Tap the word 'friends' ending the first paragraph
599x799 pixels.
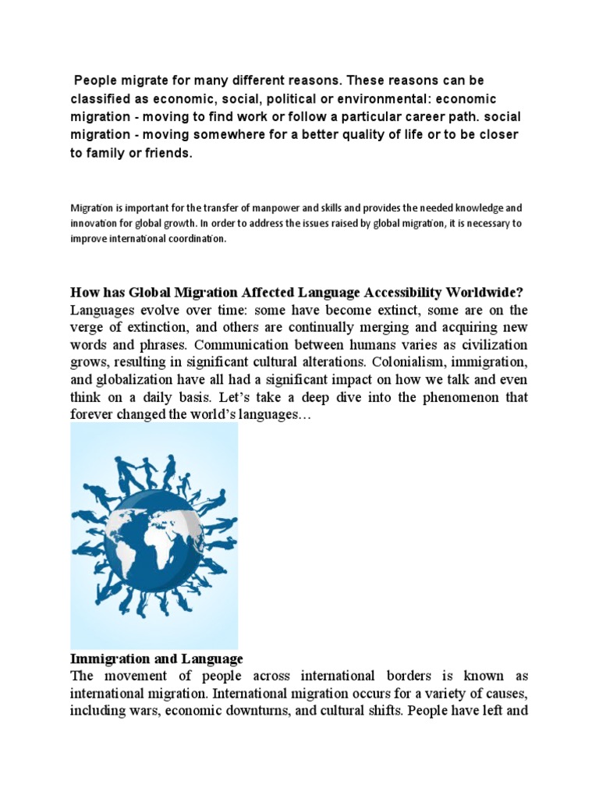(166, 153)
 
